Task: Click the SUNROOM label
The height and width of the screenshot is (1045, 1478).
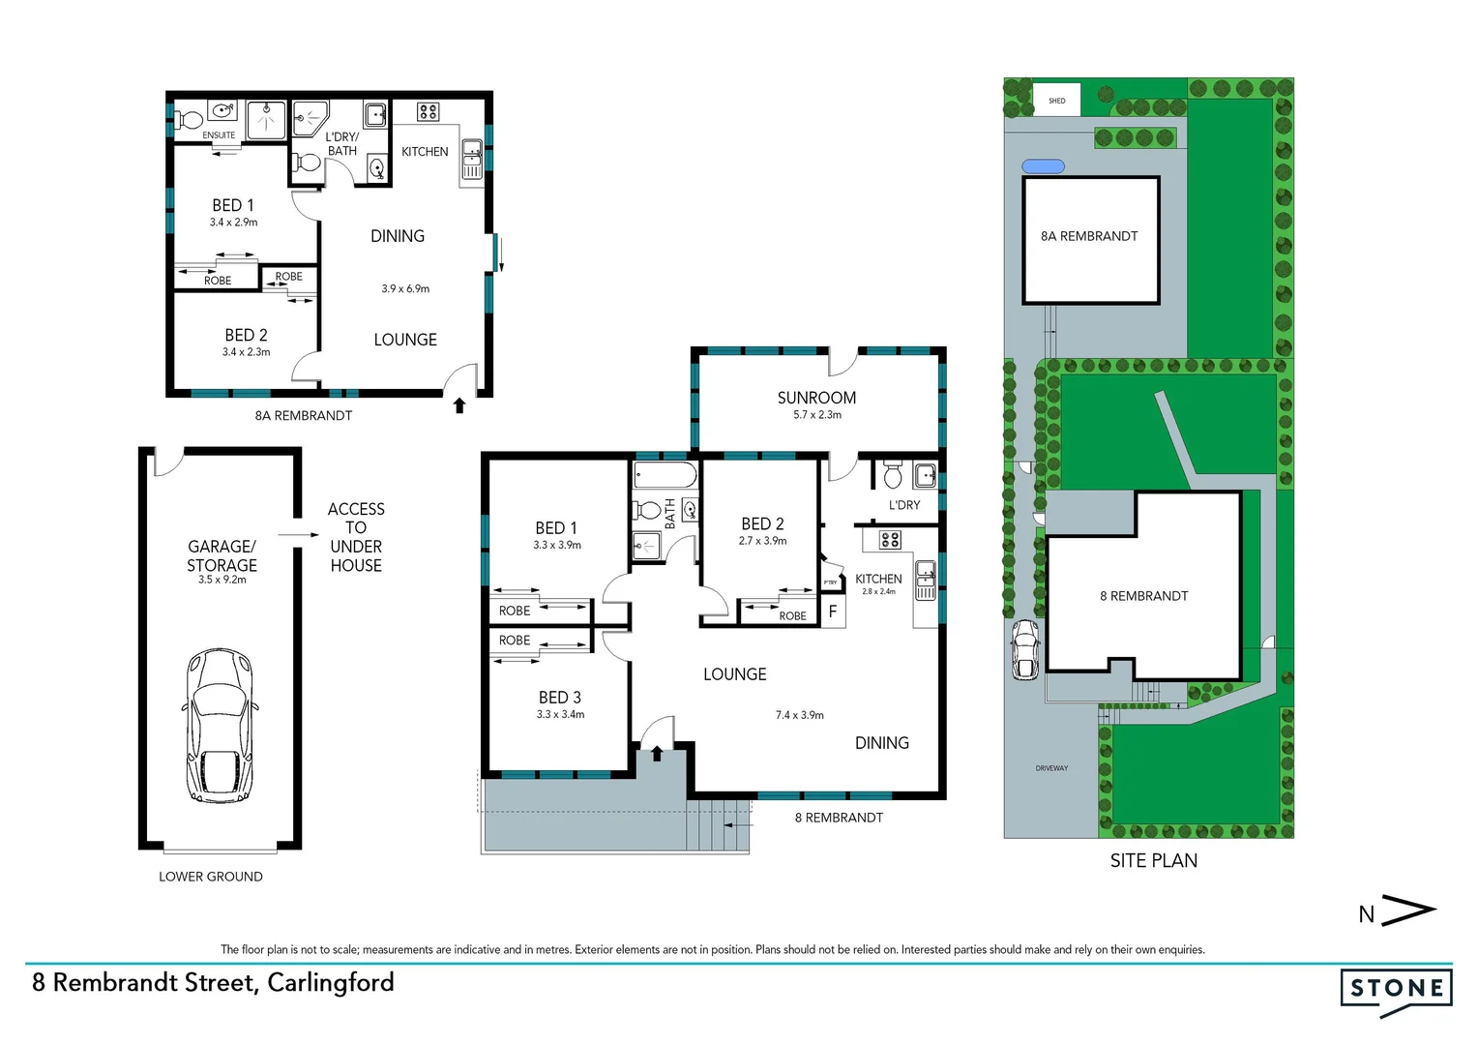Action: point(816,398)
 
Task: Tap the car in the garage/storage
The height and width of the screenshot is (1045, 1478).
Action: point(221,725)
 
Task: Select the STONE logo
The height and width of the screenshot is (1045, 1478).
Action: point(1396,990)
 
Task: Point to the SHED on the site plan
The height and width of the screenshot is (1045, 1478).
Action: point(1056,101)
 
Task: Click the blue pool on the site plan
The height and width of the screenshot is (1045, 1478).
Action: point(1043,166)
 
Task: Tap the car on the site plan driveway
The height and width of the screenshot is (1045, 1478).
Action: point(1024,648)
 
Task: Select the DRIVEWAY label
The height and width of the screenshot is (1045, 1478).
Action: point(1051,768)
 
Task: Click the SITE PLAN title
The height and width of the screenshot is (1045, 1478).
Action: point(1153,860)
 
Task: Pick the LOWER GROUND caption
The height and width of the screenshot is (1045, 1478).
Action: point(211,877)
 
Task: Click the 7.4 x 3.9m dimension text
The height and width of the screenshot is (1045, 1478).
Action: point(799,715)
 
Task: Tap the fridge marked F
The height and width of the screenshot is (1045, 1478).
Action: point(832,612)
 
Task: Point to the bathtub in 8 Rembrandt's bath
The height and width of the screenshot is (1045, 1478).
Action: point(665,475)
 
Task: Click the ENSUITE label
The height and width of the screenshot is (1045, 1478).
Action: point(219,135)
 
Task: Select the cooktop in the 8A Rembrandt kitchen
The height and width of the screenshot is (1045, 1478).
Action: point(429,112)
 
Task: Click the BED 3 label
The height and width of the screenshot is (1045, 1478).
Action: point(560,698)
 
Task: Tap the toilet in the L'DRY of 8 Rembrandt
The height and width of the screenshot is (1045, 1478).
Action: point(893,475)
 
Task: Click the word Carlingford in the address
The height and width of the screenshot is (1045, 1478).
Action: point(331,983)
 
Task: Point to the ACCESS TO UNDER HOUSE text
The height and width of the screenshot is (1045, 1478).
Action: point(356,537)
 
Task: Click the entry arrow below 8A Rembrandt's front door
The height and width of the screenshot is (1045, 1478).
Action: point(459,405)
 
